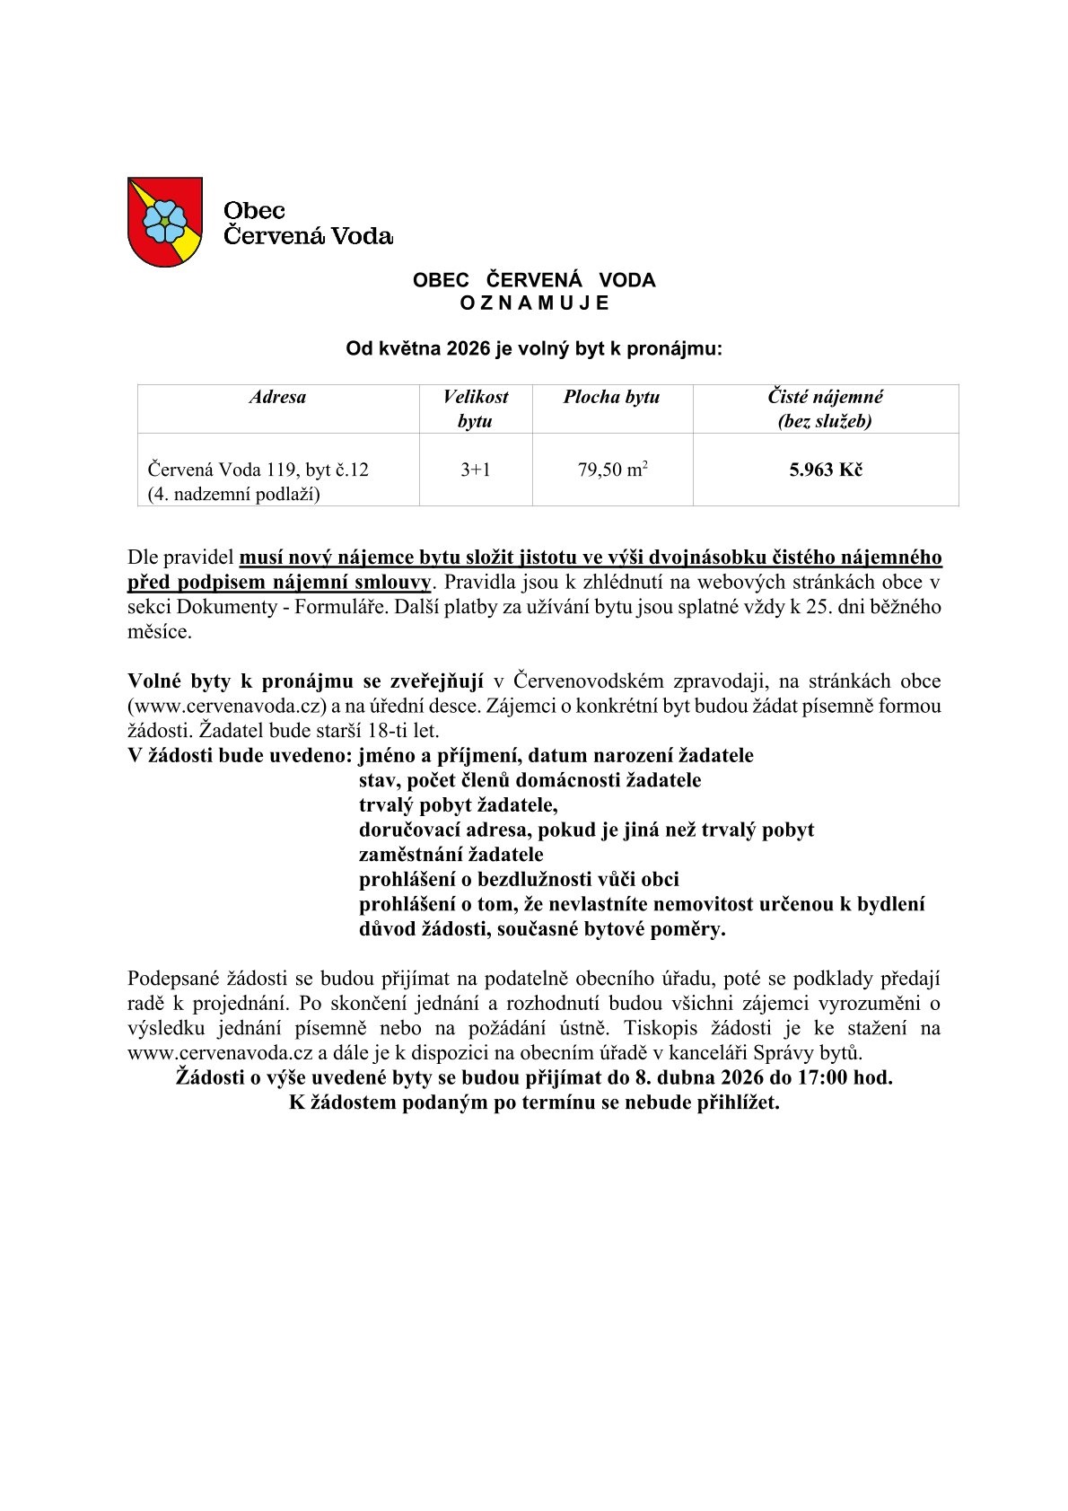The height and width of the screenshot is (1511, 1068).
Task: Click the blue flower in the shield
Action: pyautogui.click(x=162, y=219)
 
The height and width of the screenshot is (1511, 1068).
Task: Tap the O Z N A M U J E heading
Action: pyautogui.click(x=534, y=303)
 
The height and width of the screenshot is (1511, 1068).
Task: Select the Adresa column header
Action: pyautogui.click(x=277, y=397)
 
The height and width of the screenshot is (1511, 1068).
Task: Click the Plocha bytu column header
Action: pyautogui.click(x=611, y=397)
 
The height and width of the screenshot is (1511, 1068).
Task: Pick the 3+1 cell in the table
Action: pyautogui.click(x=475, y=470)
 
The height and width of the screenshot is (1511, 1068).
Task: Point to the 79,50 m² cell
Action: pyautogui.click(x=612, y=470)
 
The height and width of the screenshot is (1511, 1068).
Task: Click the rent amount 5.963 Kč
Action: pyautogui.click(x=825, y=470)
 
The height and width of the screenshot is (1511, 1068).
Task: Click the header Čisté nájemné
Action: pyautogui.click(x=825, y=397)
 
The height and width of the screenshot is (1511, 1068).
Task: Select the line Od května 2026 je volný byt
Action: pyautogui.click(x=534, y=349)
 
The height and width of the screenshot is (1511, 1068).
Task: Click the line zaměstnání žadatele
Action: pyautogui.click(x=451, y=854)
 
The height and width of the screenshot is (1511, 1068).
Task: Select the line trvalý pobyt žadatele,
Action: pyautogui.click(x=458, y=804)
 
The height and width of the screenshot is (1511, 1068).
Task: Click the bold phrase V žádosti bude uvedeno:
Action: pyautogui.click(x=239, y=755)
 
